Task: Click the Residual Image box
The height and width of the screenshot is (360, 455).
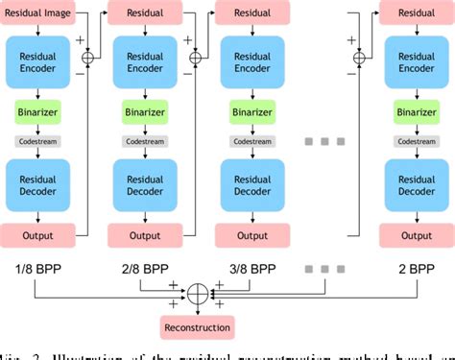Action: click(36, 13)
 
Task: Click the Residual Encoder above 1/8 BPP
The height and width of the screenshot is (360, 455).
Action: click(36, 63)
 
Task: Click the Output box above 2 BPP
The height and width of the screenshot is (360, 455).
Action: click(415, 235)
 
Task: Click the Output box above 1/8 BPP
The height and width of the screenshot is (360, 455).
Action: click(36, 235)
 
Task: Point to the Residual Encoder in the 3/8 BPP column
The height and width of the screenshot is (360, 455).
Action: click(251, 63)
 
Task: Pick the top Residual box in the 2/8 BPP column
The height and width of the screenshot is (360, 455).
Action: click(144, 13)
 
